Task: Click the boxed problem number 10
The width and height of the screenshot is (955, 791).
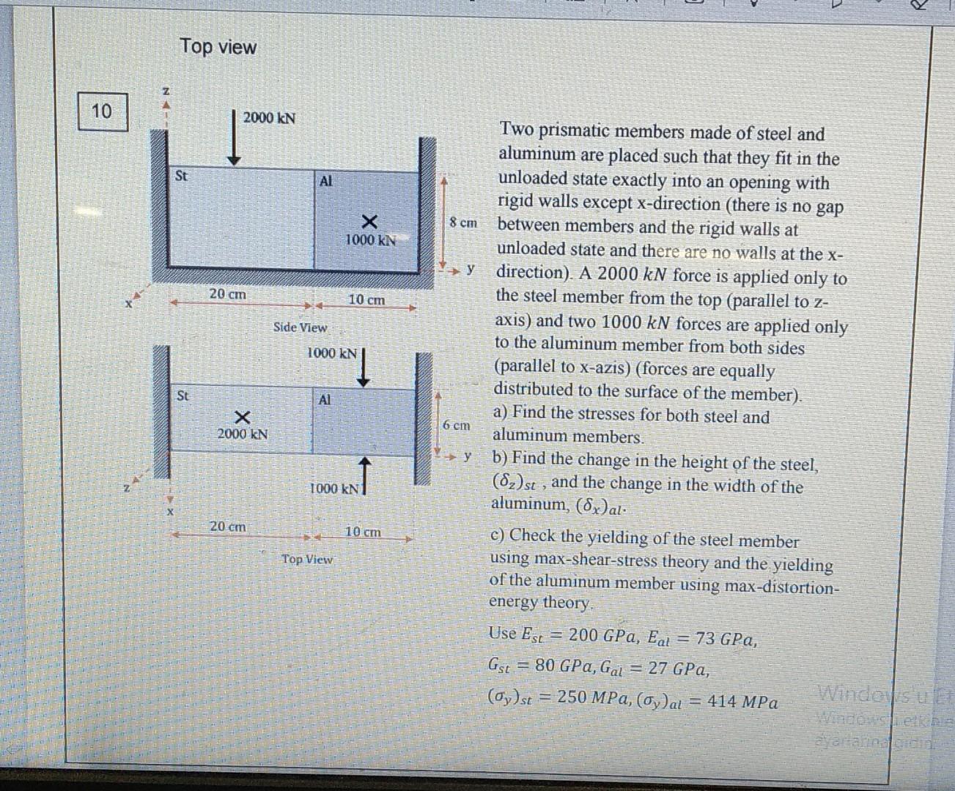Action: (102, 111)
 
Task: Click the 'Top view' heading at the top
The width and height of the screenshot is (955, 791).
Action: (218, 47)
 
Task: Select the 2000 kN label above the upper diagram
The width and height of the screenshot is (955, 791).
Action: (269, 118)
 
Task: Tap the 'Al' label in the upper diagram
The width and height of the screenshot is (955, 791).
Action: (326, 181)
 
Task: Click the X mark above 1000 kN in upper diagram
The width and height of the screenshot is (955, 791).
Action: (369, 221)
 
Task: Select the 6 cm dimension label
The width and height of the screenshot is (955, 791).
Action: (457, 425)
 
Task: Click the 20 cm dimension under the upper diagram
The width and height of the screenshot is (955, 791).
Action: (227, 294)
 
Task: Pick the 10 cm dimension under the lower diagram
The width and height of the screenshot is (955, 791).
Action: (363, 532)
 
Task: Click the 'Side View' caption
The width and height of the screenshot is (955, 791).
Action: (300, 327)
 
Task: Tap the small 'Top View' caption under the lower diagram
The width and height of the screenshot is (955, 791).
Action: (307, 560)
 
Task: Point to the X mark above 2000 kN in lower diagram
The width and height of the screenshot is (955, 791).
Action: (242, 417)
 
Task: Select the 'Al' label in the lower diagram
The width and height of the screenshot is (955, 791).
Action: (325, 400)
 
